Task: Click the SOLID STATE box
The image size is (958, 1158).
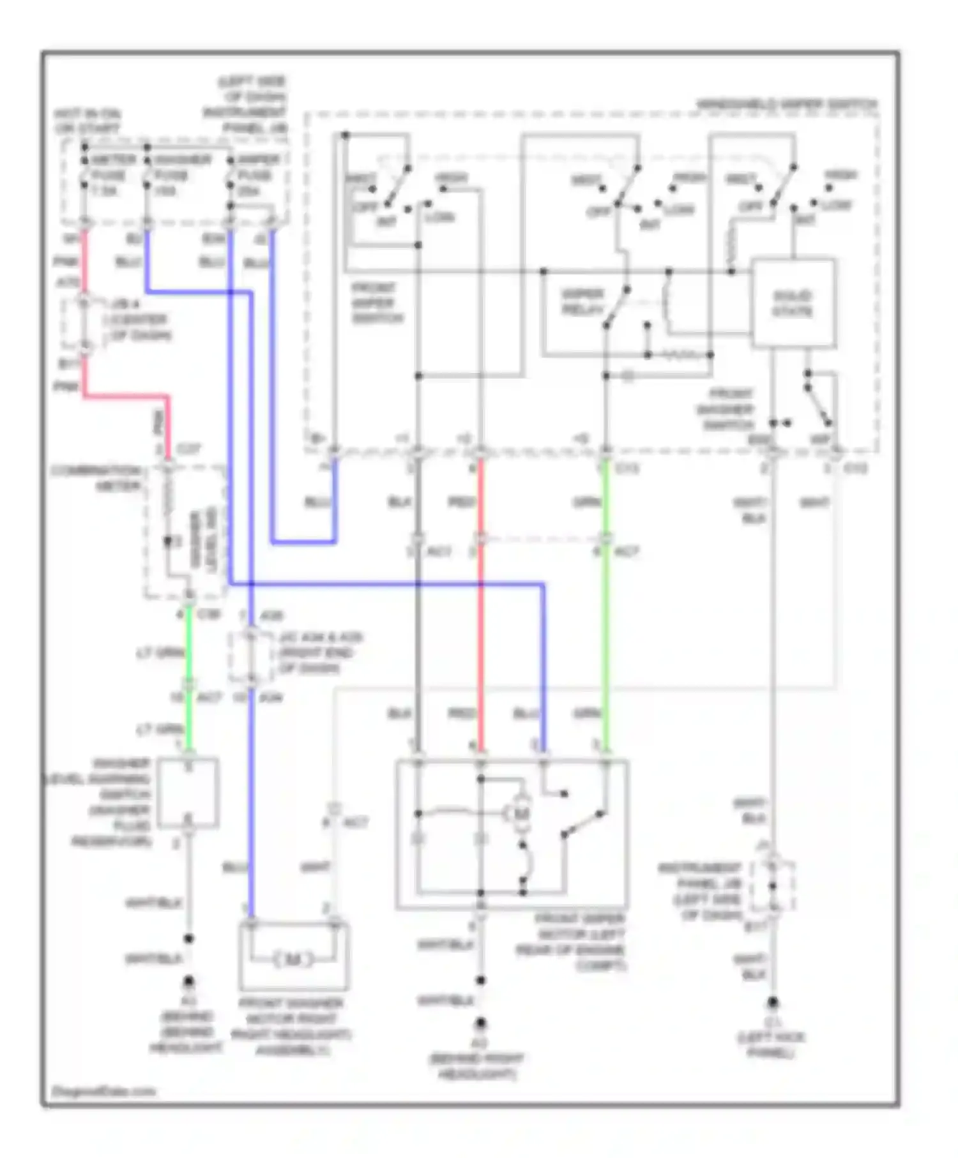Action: coord(793,303)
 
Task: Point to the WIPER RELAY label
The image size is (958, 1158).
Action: coord(582,302)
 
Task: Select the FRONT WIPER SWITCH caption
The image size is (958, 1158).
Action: coord(377,303)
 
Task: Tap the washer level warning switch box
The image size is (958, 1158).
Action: coord(188,792)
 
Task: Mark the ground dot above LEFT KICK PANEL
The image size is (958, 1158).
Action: coord(773,1002)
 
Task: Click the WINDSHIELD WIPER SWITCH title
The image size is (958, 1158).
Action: coord(786,103)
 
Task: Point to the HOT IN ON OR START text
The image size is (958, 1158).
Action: coord(87,121)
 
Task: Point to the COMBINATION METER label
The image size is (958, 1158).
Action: coord(96,478)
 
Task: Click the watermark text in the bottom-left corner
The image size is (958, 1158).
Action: coord(103,1090)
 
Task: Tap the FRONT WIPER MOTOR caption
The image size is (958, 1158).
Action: coord(578,942)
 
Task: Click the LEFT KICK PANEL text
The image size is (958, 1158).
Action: coord(771,1044)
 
